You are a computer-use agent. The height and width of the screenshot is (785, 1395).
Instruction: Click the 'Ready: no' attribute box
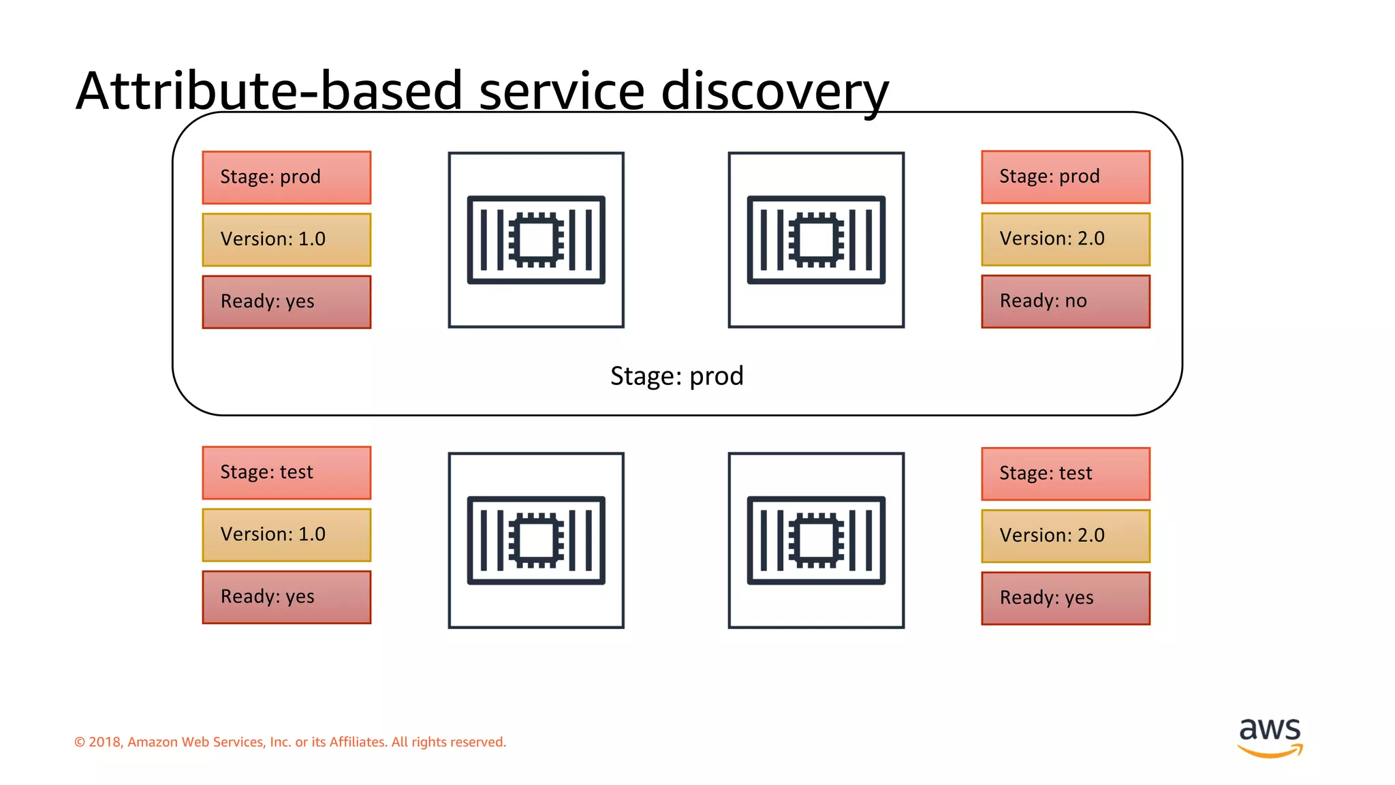1065,301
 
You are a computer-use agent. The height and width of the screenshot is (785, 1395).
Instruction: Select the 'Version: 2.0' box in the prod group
1065,239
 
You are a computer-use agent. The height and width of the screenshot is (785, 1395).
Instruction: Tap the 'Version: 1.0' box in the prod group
286,240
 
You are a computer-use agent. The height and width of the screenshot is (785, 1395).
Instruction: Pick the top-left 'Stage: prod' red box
286,177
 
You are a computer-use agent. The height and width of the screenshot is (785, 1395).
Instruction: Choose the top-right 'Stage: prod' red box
1065,176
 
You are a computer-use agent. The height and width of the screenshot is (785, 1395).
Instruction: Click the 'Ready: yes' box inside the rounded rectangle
286,302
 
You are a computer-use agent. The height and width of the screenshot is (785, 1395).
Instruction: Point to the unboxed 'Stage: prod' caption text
676,376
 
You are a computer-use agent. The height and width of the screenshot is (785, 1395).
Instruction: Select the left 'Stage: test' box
286,472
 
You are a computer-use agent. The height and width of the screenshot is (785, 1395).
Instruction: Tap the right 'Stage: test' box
1065,474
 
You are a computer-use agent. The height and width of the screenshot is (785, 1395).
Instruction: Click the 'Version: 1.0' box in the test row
286,535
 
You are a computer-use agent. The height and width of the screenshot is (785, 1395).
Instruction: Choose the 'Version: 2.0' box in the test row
1065,536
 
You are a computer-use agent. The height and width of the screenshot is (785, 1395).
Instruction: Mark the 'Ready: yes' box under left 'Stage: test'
286,597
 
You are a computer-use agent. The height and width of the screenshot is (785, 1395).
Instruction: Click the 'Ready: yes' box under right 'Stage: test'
1065,598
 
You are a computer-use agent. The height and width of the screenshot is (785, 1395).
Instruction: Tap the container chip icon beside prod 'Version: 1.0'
536,240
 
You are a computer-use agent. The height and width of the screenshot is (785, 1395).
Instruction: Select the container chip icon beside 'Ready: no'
816,240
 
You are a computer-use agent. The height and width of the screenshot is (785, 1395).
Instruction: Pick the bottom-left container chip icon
536,540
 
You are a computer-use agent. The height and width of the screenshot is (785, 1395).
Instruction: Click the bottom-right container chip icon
816,540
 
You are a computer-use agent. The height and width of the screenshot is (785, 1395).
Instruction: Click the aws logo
1270,737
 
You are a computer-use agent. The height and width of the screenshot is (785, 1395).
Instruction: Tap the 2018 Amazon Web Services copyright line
290,742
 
